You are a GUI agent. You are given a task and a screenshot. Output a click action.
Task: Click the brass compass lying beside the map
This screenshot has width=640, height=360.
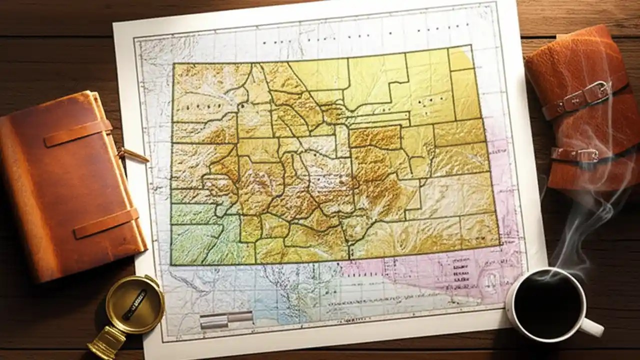click(134, 303)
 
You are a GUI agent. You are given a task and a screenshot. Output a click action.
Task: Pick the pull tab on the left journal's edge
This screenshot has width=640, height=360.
click(133, 155)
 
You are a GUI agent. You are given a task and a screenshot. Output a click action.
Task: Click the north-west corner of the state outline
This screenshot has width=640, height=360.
click(173, 64)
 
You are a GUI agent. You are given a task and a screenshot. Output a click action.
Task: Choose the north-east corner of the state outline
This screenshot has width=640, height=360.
click(471, 46)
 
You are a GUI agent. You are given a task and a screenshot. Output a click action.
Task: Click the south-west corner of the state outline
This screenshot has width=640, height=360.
click(171, 264)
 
